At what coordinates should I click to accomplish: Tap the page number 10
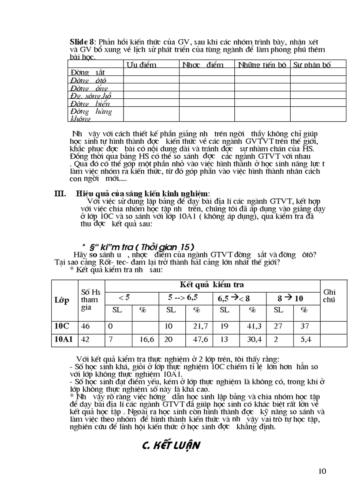pyautogui.click(x=322, y=471)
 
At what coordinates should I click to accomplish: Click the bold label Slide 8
pyautogui.click(x=82, y=41)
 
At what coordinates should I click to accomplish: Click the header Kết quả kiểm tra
pyautogui.click(x=212, y=285)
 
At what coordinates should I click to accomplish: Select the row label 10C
pyautogui.click(x=63, y=327)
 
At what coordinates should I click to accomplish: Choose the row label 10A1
pyautogui.click(x=64, y=340)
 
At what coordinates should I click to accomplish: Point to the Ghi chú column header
pyautogui.click(x=330, y=295)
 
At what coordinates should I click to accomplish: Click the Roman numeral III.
pyautogui.click(x=60, y=193)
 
